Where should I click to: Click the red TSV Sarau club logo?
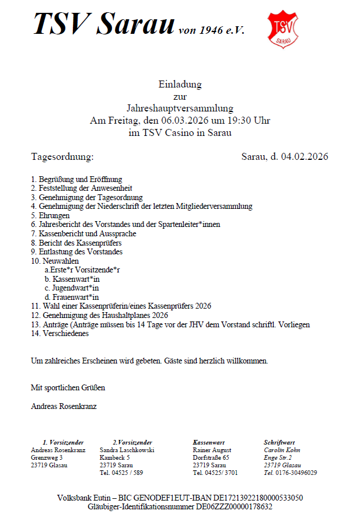coord(282,28)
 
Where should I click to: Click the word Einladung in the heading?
coord(180,85)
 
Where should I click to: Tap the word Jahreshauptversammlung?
coord(180,108)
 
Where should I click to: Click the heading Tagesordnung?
coord(62,157)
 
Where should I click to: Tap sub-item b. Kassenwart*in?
coord(72,279)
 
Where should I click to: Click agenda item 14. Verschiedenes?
coord(60,334)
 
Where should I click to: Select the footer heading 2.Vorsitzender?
coord(132,443)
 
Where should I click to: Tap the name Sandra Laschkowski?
coord(127,450)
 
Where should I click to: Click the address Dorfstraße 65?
coord(211,458)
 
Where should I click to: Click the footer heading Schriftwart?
coord(278,443)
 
